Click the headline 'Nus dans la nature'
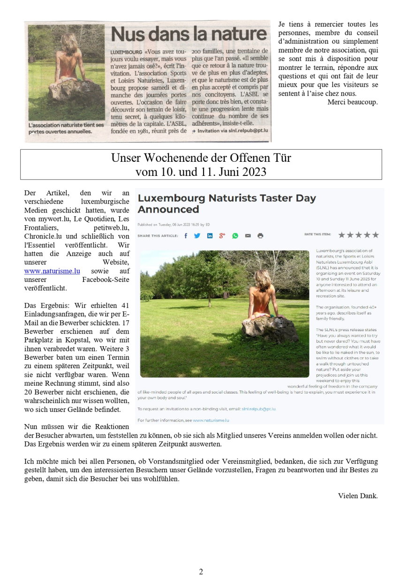point(188,34)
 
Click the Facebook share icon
point(186,235)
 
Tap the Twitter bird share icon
point(197,235)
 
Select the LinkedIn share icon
point(210,235)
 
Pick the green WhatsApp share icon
point(235,235)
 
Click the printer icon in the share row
point(260,235)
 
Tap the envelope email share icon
point(248,235)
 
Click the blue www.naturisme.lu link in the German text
point(52,271)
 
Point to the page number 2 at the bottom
point(201,571)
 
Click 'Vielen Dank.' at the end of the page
point(357,496)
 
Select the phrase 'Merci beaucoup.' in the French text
point(352,102)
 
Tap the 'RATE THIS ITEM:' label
point(317,234)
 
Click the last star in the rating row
point(376,235)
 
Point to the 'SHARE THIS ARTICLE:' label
point(158,235)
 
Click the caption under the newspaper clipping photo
point(66,129)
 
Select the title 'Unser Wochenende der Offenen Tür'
point(201,158)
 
